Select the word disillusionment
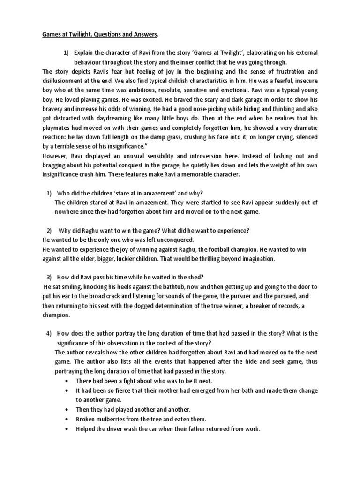[65, 80]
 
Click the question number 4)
[49, 333]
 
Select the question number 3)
[49, 276]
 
